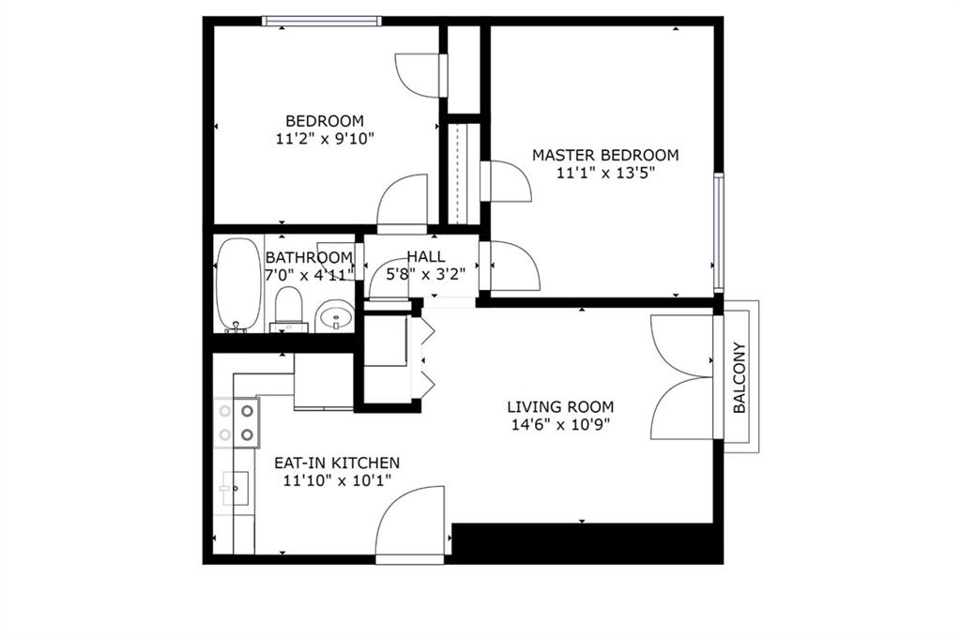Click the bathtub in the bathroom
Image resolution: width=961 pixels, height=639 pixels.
coord(237,284)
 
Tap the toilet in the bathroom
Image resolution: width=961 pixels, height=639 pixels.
coord(289,310)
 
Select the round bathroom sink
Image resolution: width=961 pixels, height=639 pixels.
coord(334,316)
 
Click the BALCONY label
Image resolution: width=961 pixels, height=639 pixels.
coord(740,376)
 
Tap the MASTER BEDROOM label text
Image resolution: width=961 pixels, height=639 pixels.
coord(605,155)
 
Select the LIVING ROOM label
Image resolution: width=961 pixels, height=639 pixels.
coord(560,407)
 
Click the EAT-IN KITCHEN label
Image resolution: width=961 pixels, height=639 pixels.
coord(337,463)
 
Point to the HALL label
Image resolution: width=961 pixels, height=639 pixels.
coord(425,257)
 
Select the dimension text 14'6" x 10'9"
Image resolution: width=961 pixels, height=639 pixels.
coord(560,425)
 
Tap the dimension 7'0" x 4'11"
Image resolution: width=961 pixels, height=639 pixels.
coord(310,275)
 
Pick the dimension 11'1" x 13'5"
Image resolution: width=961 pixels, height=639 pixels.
coord(605,173)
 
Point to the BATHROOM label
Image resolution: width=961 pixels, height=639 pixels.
coord(309,257)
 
